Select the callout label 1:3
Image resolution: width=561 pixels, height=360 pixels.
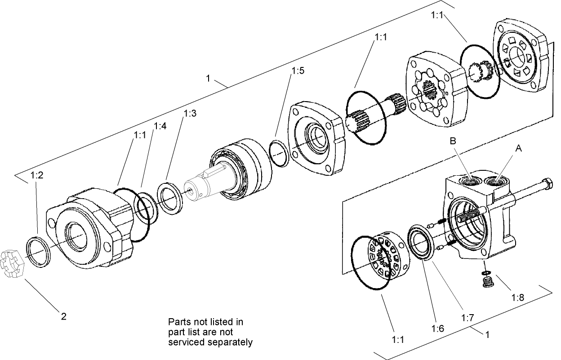190,113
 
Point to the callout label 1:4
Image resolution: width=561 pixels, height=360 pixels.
160,126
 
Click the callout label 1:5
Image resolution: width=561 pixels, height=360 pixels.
298,71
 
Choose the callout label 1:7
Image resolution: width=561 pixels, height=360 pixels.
467,318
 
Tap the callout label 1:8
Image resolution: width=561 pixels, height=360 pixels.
518,297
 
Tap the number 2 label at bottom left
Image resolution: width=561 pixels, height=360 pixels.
63,316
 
